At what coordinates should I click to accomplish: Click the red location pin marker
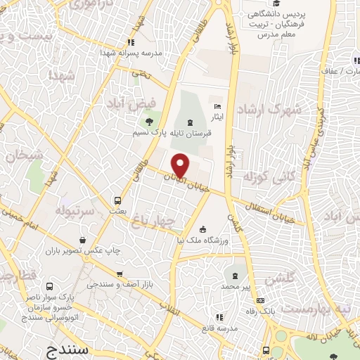pos(181,165)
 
